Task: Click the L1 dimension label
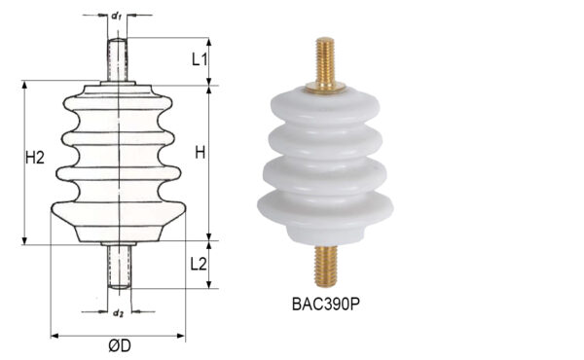(199, 58)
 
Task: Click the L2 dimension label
(199, 263)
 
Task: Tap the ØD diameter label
(120, 345)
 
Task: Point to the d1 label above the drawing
(117, 17)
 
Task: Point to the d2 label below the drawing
(117, 313)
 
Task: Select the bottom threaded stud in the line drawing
(118, 266)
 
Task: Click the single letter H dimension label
(200, 153)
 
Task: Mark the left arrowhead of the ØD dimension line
(54, 336)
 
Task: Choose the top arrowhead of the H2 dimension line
(23, 85)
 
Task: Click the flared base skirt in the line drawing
(117, 219)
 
